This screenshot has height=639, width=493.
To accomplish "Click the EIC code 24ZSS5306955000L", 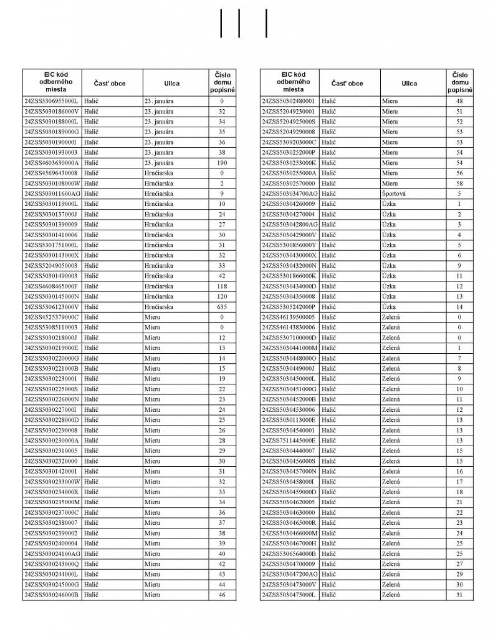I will click(51, 100).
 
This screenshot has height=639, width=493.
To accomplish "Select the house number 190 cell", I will click(221, 162).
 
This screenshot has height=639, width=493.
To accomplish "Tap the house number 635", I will click(221, 306).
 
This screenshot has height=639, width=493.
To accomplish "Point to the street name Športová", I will click(394, 193).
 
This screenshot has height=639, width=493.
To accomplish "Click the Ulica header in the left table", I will click(172, 83).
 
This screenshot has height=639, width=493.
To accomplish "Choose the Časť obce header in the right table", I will click(347, 83).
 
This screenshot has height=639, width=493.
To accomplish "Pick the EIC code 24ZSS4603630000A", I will click(51, 162).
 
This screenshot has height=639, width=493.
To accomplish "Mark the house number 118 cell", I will click(221, 286).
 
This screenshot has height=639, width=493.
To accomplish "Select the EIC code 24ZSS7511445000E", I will click(289, 441).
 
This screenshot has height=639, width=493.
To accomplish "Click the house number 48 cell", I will click(459, 100).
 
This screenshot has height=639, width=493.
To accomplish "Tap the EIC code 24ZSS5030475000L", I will click(289, 595).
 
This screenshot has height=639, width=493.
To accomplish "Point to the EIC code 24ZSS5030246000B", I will click(51, 595).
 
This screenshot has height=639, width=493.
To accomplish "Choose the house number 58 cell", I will click(459, 183).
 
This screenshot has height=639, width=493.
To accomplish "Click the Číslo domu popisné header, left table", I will click(222, 83).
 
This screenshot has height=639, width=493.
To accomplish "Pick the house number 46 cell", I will click(221, 595).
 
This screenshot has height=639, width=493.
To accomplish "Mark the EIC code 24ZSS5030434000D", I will click(289, 286).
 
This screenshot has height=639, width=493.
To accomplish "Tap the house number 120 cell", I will click(221, 296).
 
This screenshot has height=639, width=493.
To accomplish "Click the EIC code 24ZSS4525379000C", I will click(51, 317).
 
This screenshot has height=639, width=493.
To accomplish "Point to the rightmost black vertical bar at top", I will click(266, 23).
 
